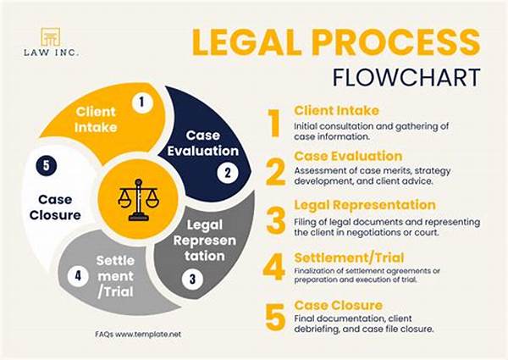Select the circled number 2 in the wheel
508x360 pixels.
(x=226, y=173)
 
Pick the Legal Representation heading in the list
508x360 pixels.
(x=365, y=205)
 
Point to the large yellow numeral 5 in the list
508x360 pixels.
(x=274, y=315)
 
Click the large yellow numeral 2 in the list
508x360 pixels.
(x=274, y=170)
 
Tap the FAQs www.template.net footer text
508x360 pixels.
(x=139, y=335)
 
